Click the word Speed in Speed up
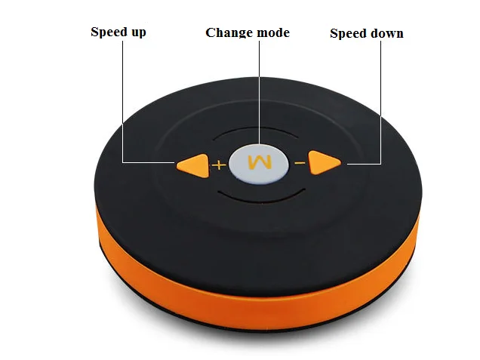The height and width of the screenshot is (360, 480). click(x=109, y=32)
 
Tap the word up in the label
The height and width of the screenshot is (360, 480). click(x=139, y=33)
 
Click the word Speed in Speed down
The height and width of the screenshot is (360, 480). click(x=349, y=34)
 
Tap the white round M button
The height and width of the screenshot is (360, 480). click(x=259, y=164)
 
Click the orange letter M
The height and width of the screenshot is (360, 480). click(x=260, y=162)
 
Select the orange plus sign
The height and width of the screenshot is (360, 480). click(x=219, y=165)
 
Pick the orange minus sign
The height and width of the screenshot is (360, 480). click(x=300, y=163)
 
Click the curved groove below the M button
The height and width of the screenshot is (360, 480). click(x=260, y=201)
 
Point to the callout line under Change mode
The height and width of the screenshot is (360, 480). click(x=260, y=92)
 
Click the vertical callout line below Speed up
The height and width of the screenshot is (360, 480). click(x=123, y=102)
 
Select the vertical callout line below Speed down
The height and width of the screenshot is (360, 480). click(x=381, y=103)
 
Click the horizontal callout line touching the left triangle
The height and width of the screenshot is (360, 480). click(x=149, y=162)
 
